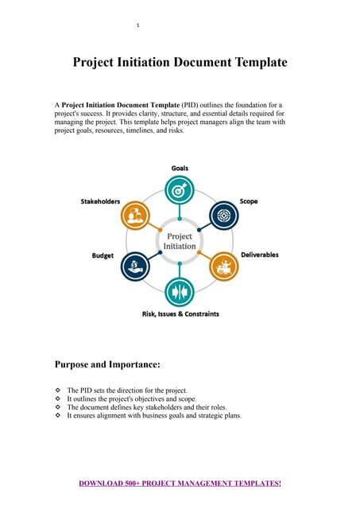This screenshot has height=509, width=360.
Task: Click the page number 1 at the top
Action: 138,25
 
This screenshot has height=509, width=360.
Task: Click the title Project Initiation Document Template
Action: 180,61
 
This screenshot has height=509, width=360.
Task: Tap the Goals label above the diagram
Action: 180,168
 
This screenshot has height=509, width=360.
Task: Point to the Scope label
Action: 249,201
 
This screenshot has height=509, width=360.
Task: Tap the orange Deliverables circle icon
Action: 224,266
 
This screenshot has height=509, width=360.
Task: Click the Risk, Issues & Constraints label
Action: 180,314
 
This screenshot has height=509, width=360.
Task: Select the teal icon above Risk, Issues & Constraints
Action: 180,291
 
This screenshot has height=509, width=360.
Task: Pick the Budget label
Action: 103,255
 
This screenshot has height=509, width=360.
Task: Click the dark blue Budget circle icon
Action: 136,266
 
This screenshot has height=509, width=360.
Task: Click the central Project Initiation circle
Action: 180,241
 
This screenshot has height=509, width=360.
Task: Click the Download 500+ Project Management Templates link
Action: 180,483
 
